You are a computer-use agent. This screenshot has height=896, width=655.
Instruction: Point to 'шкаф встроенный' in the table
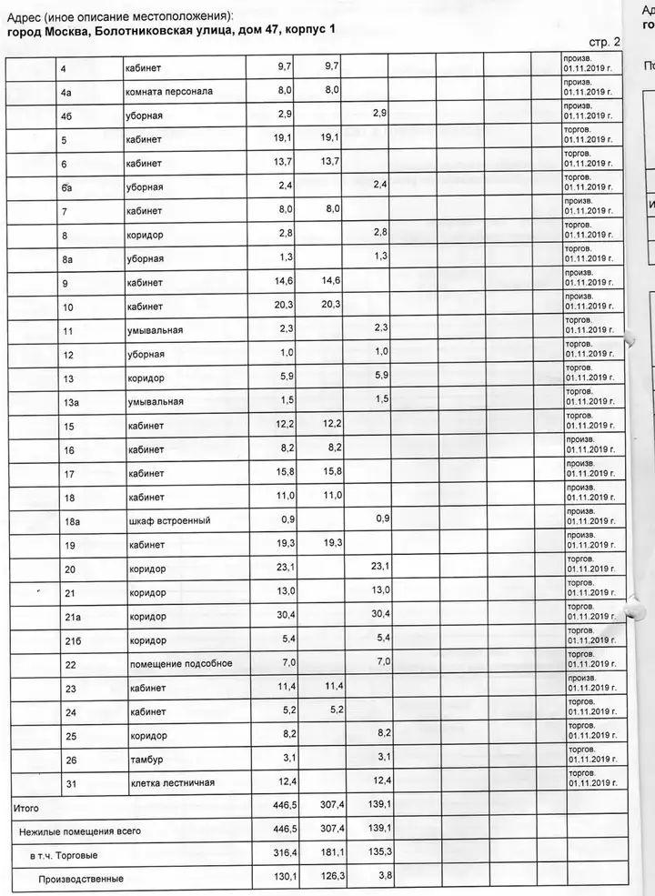coord(168,521)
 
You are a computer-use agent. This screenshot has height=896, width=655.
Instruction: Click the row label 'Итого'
coord(25,807)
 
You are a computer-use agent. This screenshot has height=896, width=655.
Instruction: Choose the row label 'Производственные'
coord(80,880)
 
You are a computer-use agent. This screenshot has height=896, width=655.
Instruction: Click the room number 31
coord(69,783)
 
